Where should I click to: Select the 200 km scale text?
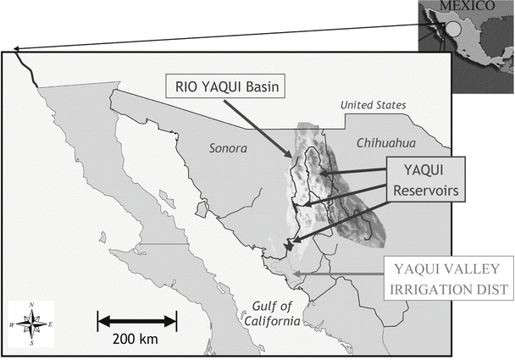click(x=136, y=339)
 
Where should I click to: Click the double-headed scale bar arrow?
click(x=137, y=320)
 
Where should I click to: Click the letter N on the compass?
click(x=30, y=305)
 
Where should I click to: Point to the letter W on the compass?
click(x=12, y=324)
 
